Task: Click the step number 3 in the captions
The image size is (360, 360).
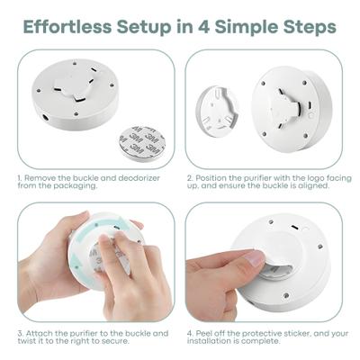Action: (20, 332)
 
